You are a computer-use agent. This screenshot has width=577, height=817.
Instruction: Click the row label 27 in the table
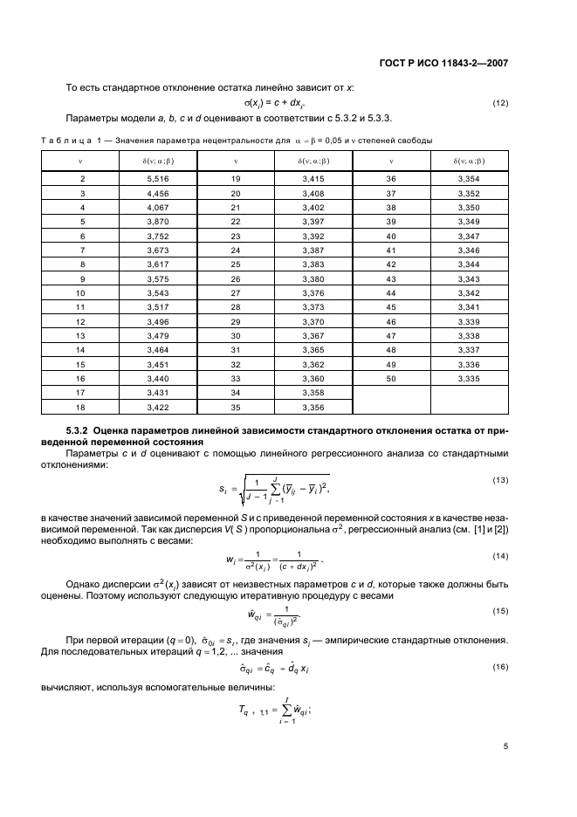[236, 293]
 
